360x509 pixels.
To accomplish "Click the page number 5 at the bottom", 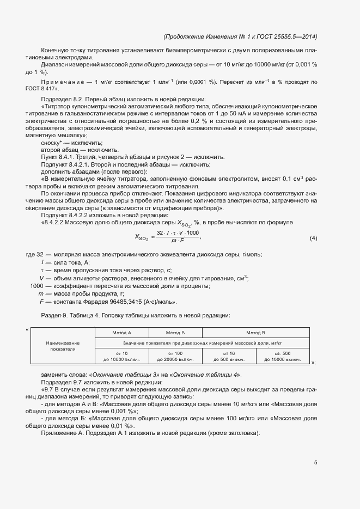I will pos(315,463).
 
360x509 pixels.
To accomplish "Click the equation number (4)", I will pos(313,238).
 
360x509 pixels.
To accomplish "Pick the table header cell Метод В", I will pos(255,332).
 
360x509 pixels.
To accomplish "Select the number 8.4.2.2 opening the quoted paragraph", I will pos(56,222).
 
